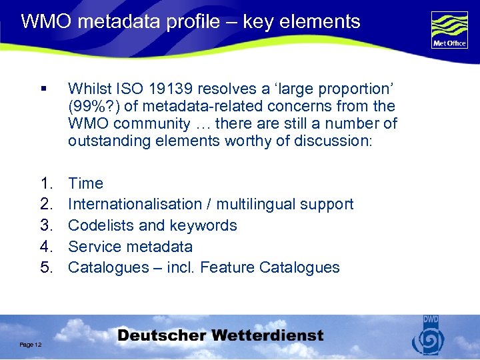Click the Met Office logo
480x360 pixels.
tap(449, 30)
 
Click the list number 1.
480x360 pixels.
tap(46, 183)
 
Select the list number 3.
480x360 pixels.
tap(46, 225)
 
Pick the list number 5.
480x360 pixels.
tap(46, 267)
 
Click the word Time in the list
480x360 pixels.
tap(86, 183)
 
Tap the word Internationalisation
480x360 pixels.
tap(135, 204)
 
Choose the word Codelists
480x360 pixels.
tap(102, 225)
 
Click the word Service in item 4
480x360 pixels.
tap(94, 247)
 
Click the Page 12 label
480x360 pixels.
tap(31, 344)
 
